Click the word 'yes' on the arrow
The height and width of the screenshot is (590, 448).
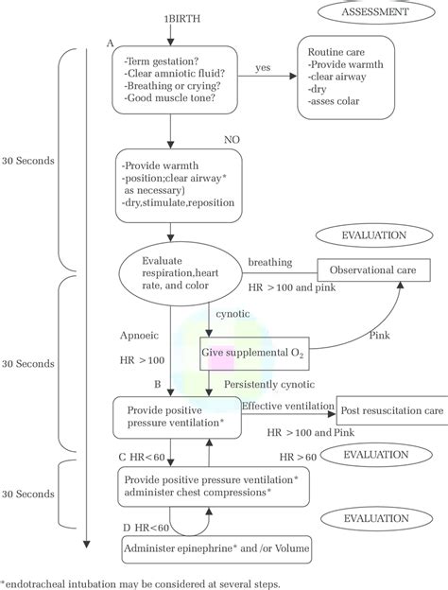pyautogui.click(x=263, y=68)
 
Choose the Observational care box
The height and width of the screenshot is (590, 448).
pyautogui.click(x=367, y=269)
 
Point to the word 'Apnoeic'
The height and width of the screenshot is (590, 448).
pyautogui.click(x=140, y=334)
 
